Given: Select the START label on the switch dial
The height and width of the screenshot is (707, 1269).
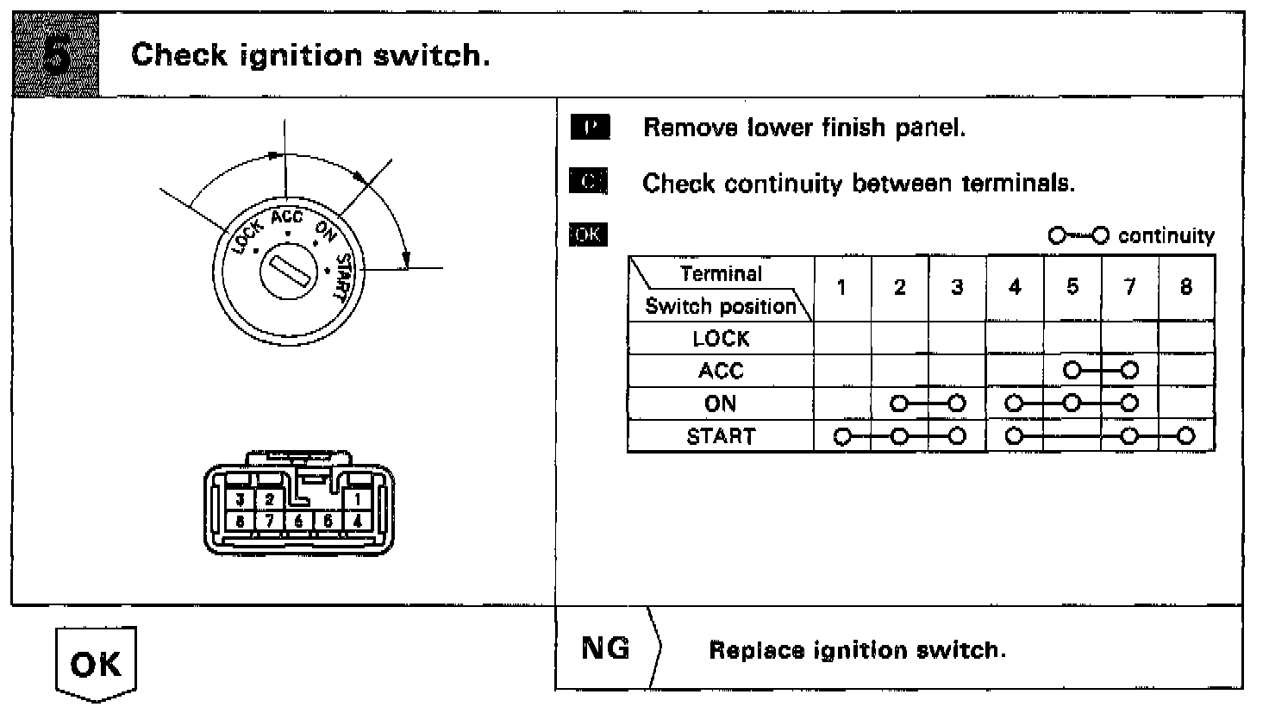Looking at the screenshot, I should (x=343, y=278).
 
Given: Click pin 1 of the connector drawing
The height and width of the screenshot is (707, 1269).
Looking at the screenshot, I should (x=357, y=498).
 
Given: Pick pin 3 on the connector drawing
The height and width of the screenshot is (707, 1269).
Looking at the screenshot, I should (x=242, y=499).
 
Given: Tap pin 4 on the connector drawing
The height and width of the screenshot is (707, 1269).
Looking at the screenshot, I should (x=357, y=521).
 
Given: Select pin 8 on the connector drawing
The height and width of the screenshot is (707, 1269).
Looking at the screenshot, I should (x=242, y=521).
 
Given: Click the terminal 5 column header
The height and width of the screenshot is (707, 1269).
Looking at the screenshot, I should (x=1072, y=287).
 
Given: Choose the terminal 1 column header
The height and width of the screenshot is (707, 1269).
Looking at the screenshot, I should (x=841, y=287).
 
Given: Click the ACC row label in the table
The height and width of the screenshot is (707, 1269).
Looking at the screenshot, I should (x=721, y=371).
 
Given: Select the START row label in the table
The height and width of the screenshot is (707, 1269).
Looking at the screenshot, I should (x=721, y=436).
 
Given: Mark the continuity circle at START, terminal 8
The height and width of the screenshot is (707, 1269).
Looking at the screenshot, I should (x=1186, y=435).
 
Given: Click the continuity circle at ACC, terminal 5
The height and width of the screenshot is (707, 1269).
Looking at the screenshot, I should (x=1072, y=371).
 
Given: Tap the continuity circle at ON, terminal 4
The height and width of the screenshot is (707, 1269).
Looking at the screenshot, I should (x=1014, y=403).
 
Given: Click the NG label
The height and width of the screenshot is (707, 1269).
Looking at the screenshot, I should (x=605, y=648).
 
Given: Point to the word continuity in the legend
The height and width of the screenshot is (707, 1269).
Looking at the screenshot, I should (x=1166, y=236).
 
